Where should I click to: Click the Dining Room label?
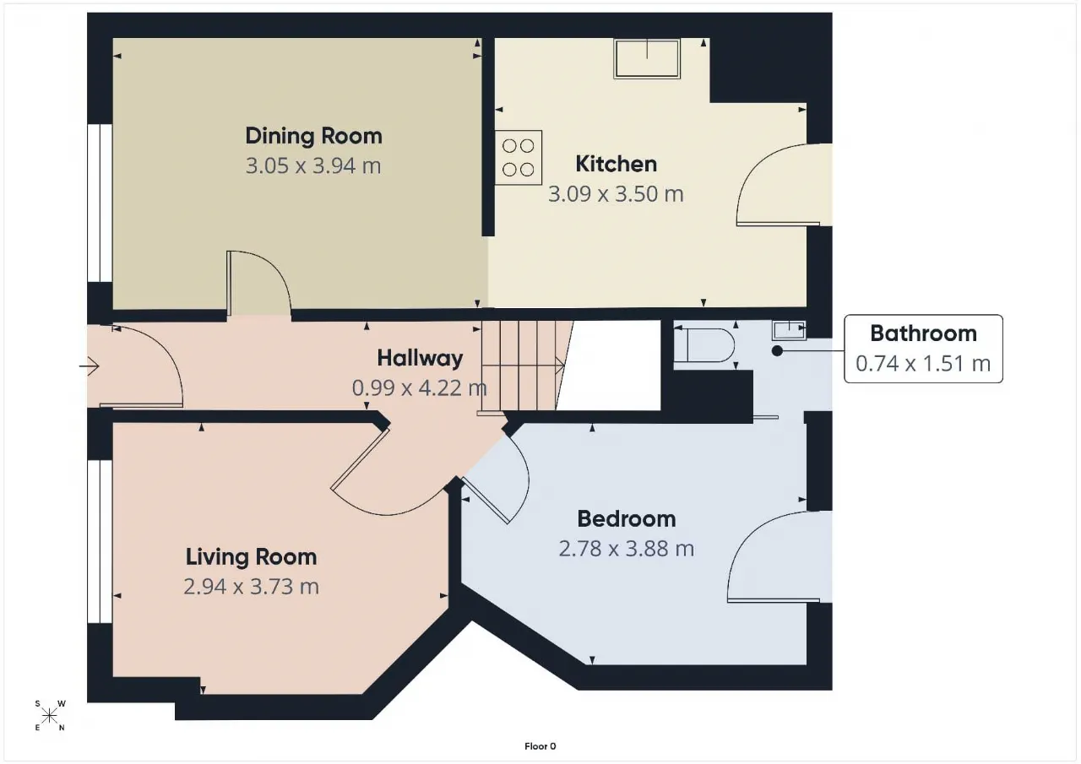tap(313, 136)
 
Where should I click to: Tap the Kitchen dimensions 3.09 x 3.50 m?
tap(616, 194)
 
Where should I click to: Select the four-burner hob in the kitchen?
tap(519, 158)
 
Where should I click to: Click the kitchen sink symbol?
tap(647, 58)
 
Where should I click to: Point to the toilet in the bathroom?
tap(704, 345)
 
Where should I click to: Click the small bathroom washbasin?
tap(789, 330)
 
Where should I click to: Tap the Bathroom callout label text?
tap(923, 333)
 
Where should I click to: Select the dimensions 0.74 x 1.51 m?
tap(923, 364)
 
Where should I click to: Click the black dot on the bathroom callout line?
tap(777, 351)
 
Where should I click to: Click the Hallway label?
tap(420, 359)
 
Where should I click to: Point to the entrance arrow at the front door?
tap(90, 366)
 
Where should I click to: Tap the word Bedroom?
tap(627, 519)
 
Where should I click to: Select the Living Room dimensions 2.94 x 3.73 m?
tap(251, 587)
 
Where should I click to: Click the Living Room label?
tap(251, 557)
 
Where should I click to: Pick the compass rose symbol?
tap(49, 716)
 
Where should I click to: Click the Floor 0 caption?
tap(540, 746)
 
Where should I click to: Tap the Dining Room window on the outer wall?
tap(100, 203)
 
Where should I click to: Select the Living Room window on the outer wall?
tap(100, 542)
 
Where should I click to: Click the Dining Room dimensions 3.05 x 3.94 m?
tap(313, 166)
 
